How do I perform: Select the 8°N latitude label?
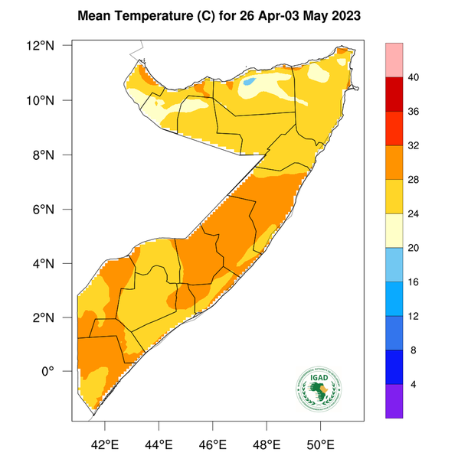pyautogui.click(x=56, y=155)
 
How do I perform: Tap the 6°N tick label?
pyautogui.click(x=56, y=209)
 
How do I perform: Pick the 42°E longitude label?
pyautogui.click(x=104, y=442)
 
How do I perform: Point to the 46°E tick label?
pyautogui.click(x=212, y=442)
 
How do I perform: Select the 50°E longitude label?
pyautogui.click(x=320, y=442)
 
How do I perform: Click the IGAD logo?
pyautogui.click(x=319, y=389)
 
